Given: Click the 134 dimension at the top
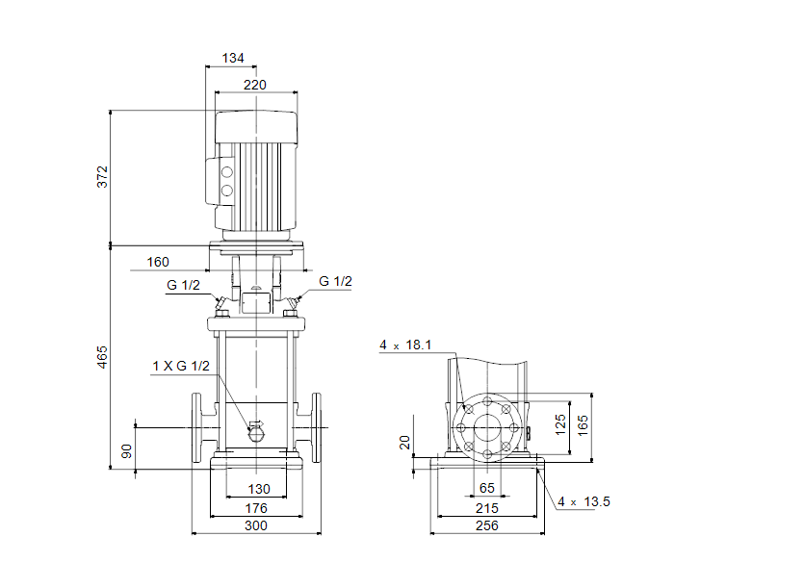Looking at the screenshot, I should [x=233, y=59].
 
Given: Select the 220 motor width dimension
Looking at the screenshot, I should [x=255, y=85].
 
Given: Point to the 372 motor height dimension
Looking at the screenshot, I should [x=103, y=177].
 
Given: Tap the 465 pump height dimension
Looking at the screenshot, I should [x=103, y=356].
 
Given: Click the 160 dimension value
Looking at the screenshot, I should [x=158, y=262].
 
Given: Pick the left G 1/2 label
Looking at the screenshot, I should [x=183, y=286].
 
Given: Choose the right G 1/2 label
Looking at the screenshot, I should [x=336, y=281].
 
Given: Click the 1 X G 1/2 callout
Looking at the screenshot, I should [x=180, y=366].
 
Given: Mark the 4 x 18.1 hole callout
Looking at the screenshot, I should [x=404, y=345].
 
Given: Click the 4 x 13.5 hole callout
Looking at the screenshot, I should [x=584, y=501].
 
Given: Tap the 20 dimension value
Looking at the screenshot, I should [x=405, y=442].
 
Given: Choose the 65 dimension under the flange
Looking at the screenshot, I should [x=487, y=489].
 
